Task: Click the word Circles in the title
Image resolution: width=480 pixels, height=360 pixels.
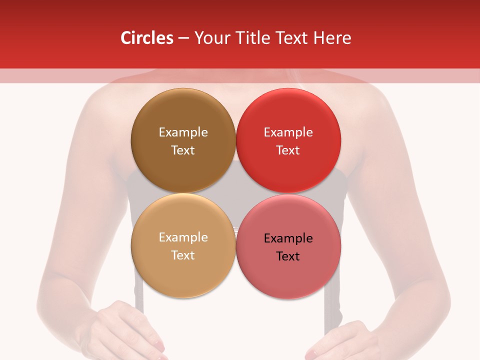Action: [x=147, y=38]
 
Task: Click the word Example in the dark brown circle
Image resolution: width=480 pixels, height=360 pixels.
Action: [x=183, y=132]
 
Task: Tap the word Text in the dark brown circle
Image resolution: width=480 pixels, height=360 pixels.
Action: [x=183, y=150]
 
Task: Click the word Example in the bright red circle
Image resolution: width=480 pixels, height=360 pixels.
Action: [x=288, y=132]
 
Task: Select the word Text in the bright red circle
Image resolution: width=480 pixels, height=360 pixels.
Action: [x=288, y=150]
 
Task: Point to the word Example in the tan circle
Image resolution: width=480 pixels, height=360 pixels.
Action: [x=183, y=237]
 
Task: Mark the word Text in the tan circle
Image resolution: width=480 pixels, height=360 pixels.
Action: [x=183, y=255]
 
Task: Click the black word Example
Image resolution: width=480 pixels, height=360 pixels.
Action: [x=288, y=238]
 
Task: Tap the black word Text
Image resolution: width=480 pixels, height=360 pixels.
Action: [x=288, y=256]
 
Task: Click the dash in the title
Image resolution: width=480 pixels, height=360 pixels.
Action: [x=183, y=38]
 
